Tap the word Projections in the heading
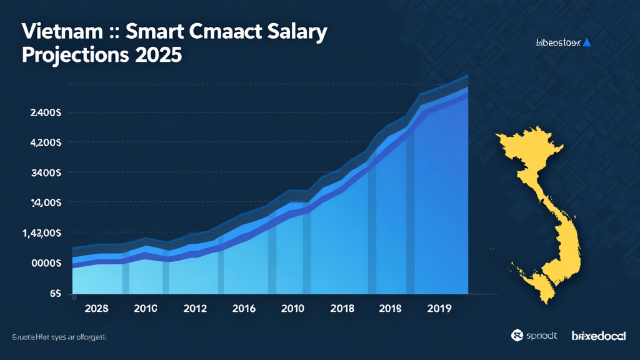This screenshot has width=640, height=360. click(75, 54)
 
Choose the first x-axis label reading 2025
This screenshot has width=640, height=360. click(96, 308)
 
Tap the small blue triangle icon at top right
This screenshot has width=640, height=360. click(587, 42)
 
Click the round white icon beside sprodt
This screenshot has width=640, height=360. click(516, 336)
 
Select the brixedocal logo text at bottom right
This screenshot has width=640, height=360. click(599, 336)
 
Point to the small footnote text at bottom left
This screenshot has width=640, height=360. click(59, 336)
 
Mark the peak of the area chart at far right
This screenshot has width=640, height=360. click(466, 76)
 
